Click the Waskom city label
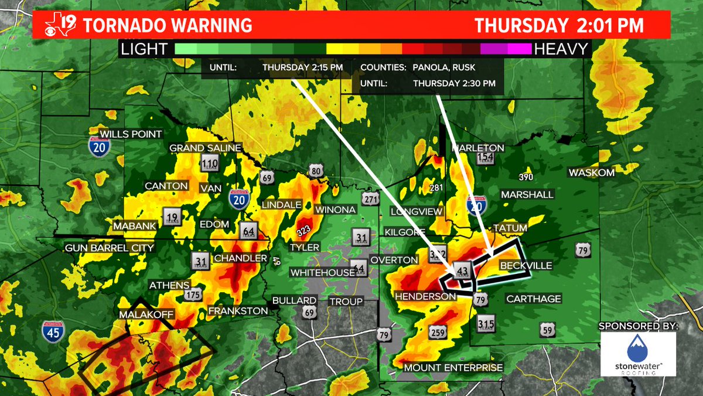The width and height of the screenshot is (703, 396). click(x=591, y=172)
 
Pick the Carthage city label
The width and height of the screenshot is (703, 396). click(x=534, y=299)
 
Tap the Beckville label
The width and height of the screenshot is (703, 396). click(x=525, y=266)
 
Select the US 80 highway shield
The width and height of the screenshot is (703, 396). click(x=316, y=171)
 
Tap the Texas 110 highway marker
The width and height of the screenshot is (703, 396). click(x=209, y=164)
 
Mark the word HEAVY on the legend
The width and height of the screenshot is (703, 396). click(x=561, y=49)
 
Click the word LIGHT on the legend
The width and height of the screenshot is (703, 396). click(x=144, y=49)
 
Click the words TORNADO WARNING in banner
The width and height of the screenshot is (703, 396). click(x=168, y=26)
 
